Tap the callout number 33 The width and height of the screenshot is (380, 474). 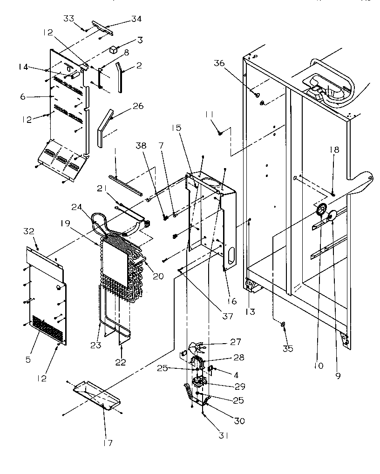tap(68, 19)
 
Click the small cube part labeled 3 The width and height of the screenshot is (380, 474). tap(113, 49)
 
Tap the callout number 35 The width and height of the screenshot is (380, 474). tap(288, 349)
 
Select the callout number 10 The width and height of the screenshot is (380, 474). tap(318, 366)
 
